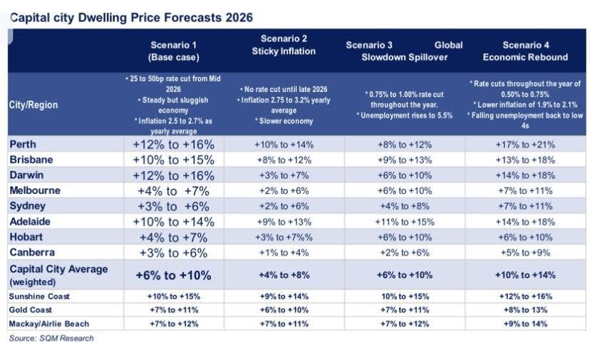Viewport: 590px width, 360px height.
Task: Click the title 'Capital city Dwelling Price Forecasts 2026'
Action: click(x=130, y=16)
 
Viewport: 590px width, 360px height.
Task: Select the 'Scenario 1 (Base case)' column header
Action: click(x=173, y=51)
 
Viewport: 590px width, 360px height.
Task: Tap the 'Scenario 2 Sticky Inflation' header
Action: click(x=284, y=45)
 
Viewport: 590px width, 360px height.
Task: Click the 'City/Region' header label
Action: click(x=33, y=105)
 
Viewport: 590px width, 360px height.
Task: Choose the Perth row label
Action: click(x=23, y=144)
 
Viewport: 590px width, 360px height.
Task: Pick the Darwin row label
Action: click(x=26, y=175)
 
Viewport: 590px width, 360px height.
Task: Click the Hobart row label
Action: click(x=26, y=237)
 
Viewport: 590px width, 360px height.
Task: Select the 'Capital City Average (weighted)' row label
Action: click(x=58, y=274)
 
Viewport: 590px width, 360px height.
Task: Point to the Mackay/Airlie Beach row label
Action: click(x=51, y=324)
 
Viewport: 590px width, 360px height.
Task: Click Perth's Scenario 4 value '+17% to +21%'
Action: click(x=525, y=144)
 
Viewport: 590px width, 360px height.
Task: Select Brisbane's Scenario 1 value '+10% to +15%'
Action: click(x=173, y=160)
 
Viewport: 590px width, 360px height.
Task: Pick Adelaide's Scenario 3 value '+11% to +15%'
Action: click(x=405, y=222)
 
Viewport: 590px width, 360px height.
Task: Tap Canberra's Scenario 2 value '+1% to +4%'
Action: click(x=284, y=252)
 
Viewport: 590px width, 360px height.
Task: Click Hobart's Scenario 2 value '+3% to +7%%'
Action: click(x=284, y=237)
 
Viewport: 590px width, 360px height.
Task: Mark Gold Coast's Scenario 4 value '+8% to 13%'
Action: click(x=525, y=310)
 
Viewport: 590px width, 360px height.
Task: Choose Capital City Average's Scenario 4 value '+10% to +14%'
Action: click(x=525, y=274)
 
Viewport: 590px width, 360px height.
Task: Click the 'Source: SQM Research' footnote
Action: click(x=51, y=338)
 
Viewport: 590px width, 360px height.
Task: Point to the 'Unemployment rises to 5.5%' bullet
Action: click(x=405, y=115)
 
